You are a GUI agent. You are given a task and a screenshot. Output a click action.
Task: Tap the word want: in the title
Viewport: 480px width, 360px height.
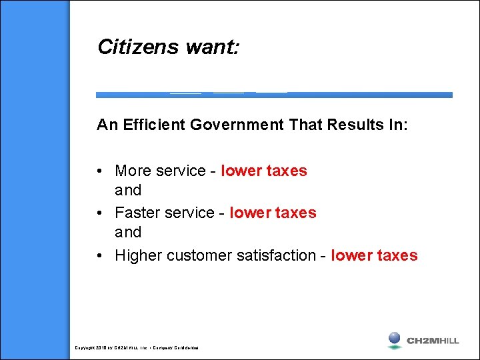tap(213, 47)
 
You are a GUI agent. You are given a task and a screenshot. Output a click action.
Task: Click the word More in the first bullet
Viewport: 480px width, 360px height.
tap(133, 171)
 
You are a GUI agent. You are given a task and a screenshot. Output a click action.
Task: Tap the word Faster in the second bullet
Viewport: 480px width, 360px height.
tap(137, 213)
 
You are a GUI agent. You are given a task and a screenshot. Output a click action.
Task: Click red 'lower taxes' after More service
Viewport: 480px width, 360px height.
tap(264, 171)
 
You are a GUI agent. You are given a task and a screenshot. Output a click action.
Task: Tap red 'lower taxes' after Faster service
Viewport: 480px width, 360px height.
tap(273, 213)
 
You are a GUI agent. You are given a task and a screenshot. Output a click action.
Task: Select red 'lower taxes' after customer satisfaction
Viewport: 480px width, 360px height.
tap(374, 255)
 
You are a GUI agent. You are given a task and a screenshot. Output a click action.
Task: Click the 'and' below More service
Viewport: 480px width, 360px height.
tap(128, 191)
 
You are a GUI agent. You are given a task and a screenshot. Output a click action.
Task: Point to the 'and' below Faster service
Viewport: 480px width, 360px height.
tap(128, 233)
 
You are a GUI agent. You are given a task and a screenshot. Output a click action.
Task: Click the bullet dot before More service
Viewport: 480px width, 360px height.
tap(99, 171)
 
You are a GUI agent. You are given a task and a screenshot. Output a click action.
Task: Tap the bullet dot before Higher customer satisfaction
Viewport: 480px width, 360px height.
tap(99, 256)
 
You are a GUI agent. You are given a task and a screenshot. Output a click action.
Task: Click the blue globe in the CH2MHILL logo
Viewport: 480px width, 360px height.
tap(395, 338)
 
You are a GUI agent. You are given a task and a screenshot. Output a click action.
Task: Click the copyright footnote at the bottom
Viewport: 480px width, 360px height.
tap(137, 348)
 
